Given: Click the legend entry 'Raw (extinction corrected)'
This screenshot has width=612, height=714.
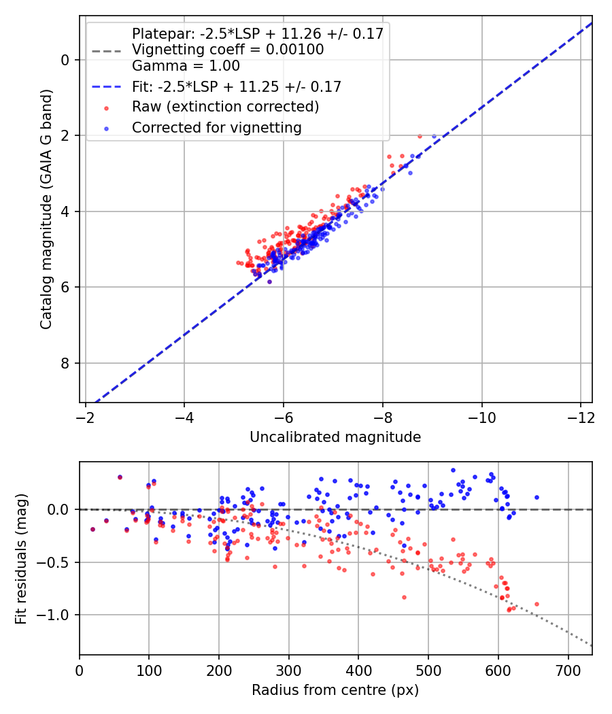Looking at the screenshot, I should [225, 107].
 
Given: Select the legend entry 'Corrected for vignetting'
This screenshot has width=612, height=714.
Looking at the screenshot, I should [216, 127].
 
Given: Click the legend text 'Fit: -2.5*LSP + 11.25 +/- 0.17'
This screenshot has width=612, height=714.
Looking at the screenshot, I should [236, 86].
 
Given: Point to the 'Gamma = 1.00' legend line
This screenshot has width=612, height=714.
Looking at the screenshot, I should [186, 66].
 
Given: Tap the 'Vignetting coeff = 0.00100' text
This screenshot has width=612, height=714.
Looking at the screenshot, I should [228, 50].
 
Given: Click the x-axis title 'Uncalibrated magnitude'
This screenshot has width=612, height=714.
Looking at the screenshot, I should [335, 437].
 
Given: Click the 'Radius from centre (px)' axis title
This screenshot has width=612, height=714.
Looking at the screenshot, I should [335, 690].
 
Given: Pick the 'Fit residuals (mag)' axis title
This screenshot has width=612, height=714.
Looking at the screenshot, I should [21, 558].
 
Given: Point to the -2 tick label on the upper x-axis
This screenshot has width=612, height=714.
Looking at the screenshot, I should [86, 416].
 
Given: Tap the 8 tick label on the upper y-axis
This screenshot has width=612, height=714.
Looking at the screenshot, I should [65, 363].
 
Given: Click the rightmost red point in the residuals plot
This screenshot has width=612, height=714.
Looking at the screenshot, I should [537, 604].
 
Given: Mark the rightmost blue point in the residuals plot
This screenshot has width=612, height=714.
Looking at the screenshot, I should [537, 497].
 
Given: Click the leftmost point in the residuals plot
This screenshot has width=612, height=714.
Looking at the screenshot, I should [92, 529].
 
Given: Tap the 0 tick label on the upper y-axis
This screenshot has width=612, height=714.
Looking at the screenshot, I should [65, 60].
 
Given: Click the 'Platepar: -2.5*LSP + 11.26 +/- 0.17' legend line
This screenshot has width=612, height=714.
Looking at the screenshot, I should [257, 33].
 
